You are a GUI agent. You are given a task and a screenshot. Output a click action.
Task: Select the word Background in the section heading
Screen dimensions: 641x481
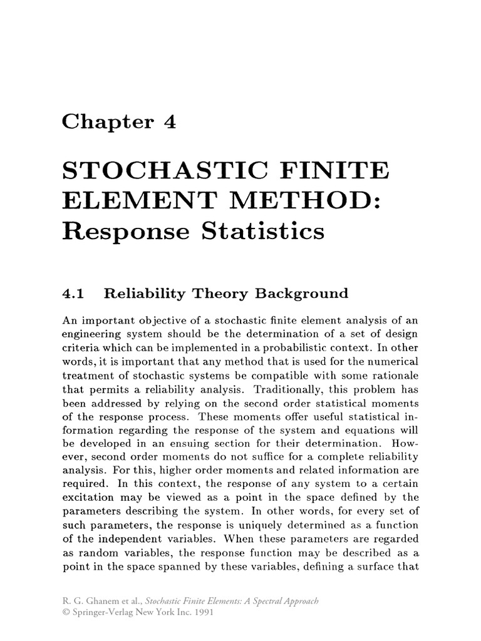[x=299, y=292]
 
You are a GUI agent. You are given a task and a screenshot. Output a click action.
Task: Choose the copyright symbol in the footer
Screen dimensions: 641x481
[x=65, y=613]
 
